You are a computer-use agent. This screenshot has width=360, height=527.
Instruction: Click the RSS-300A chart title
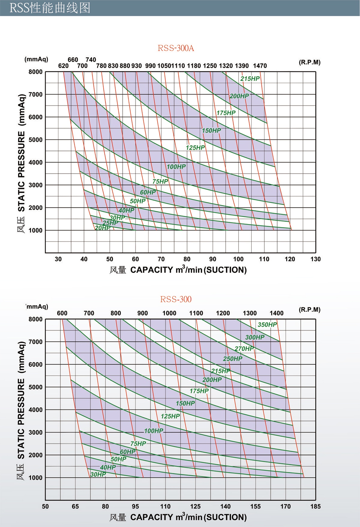pos(176,48)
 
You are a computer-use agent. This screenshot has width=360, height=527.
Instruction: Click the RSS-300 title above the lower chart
pos(176,299)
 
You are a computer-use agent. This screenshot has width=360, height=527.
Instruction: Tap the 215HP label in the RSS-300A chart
pos(250,79)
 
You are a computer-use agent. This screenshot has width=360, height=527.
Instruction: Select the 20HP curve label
pos(103,228)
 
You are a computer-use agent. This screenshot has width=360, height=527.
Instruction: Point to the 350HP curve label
pos(267,325)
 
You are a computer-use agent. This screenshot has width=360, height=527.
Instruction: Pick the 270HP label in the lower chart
pos(244,349)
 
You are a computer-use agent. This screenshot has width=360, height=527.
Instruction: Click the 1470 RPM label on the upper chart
pos(260,66)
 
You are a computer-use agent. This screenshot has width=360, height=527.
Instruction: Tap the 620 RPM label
pos(63,66)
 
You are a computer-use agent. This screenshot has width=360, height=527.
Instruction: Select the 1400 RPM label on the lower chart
pos(276,313)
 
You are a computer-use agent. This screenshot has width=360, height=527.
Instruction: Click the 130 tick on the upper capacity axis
pos(315,259)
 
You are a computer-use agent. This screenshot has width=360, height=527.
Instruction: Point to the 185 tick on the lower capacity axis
pos(315,507)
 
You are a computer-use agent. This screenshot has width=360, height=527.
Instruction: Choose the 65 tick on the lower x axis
pos(75,507)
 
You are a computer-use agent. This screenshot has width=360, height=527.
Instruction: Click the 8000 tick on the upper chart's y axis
pos(35,72)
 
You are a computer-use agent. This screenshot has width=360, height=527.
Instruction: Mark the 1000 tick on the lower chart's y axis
pos(35,478)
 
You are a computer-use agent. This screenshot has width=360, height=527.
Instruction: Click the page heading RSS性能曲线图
pos(50,8)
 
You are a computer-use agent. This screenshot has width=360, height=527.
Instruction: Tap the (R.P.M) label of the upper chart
pos(309,62)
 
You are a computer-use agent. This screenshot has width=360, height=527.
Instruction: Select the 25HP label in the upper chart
pos(110,223)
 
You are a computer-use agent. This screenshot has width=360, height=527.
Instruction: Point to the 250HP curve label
pos(232,359)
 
